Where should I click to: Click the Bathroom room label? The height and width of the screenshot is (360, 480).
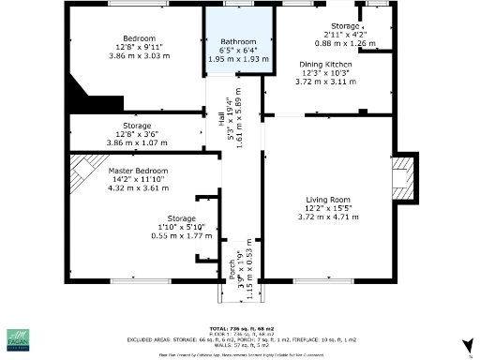coord(238,42)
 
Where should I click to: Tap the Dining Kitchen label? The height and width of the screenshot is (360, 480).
coord(325,65)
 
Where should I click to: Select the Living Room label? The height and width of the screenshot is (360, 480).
coord(327,199)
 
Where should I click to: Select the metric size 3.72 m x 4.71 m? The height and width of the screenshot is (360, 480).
coord(327,217)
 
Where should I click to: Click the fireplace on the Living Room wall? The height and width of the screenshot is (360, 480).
coord(403,176)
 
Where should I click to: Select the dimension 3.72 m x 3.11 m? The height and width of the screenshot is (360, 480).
coord(325,82)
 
